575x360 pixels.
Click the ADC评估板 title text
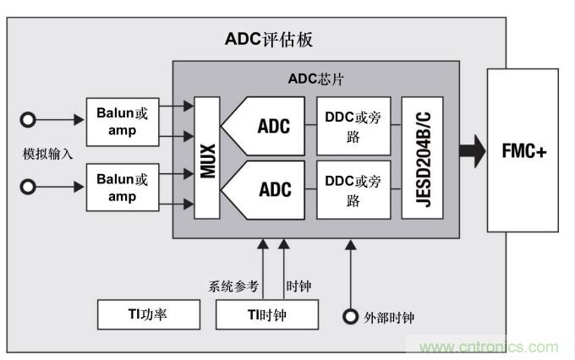tap(270, 39)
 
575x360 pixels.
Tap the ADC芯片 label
tap(315, 80)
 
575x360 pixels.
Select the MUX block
tap(206, 158)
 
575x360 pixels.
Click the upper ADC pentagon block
tap(269, 127)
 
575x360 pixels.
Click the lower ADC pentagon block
tap(269, 188)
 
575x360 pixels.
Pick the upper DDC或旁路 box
tap(353, 127)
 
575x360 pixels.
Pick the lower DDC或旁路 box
tap(353, 188)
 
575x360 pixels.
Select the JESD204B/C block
tap(423, 158)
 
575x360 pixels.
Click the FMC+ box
tap(523, 151)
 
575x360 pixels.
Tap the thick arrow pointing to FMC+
tap(472, 151)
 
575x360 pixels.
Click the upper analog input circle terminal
tap(28, 120)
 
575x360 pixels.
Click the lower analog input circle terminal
tap(28, 187)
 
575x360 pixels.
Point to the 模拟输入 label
tap(47, 154)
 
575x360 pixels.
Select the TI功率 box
tap(148, 314)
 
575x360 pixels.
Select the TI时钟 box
tap(266, 314)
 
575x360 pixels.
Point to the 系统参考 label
tap(233, 286)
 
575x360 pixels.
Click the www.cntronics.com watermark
tap(490, 346)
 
